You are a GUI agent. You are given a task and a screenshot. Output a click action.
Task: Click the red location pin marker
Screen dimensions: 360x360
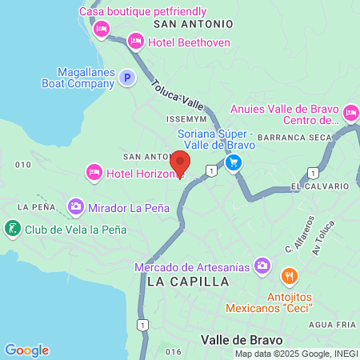click(180, 162)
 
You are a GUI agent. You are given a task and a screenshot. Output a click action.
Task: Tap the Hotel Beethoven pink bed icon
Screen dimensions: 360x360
click(135, 40)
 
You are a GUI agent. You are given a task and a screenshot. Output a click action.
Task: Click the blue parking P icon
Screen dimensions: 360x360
click(127, 77)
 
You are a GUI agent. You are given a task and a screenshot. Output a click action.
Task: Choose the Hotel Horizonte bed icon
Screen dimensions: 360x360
click(94, 172)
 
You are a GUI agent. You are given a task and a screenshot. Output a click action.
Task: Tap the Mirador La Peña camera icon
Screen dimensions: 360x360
click(76, 206)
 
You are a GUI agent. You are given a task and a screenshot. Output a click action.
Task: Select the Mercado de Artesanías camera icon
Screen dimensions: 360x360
click(262, 265)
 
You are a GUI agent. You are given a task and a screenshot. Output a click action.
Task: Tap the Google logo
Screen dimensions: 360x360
click(26, 350)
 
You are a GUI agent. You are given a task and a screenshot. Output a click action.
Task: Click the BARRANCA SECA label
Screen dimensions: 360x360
click(304, 138)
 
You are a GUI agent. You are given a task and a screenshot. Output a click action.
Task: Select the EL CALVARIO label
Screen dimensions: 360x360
click(319, 186)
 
